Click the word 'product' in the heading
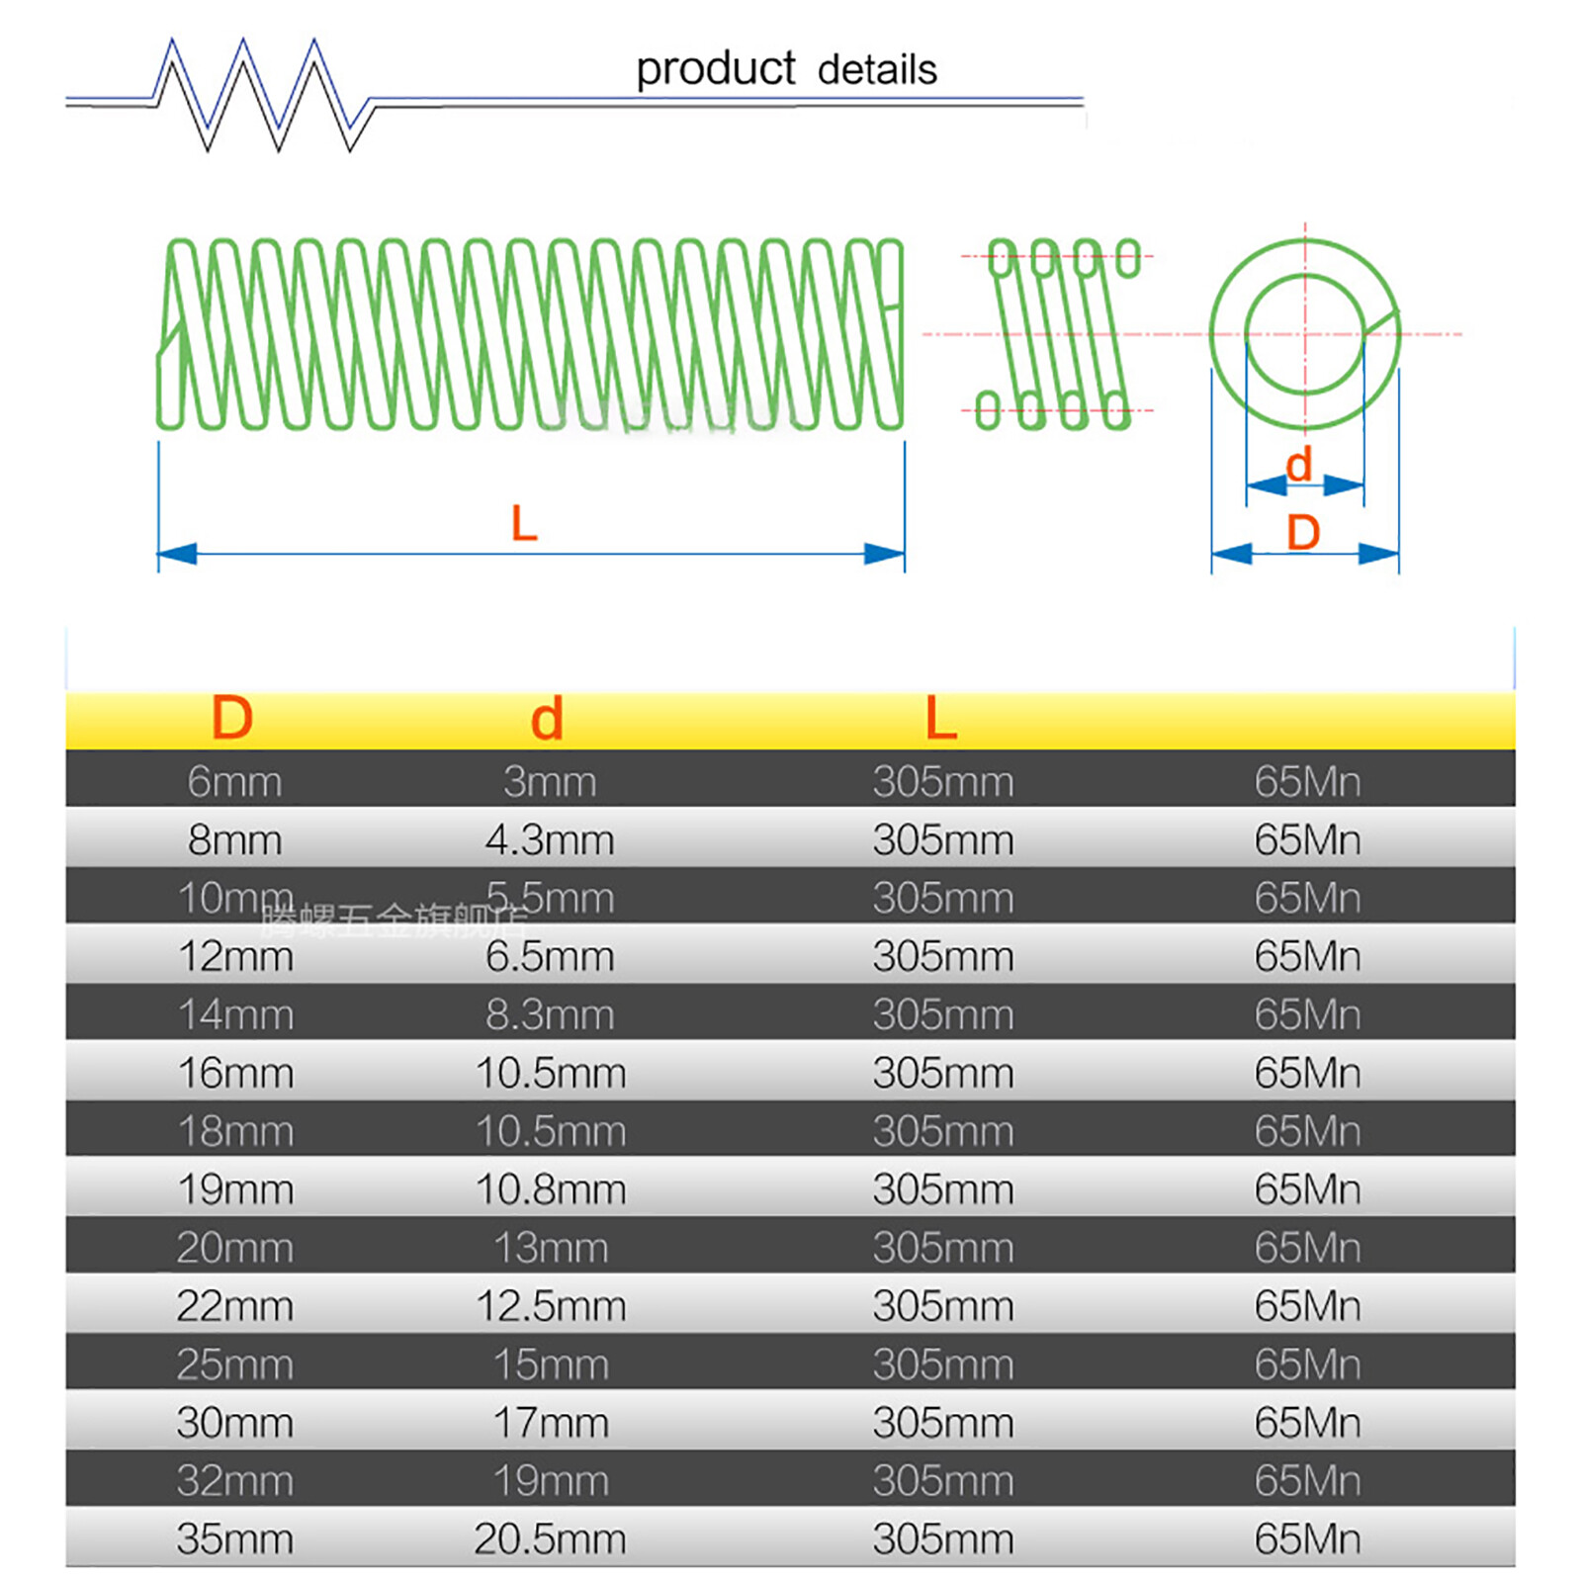[715, 70]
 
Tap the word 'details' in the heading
[877, 70]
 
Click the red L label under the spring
[524, 523]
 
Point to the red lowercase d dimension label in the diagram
[1298, 464]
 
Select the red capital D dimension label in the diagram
[1303, 533]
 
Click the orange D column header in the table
[232, 718]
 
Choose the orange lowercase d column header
[547, 719]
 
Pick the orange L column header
[940, 718]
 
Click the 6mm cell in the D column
[235, 782]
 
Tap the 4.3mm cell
[550, 840]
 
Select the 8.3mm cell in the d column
[550, 1015]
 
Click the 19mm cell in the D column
[235, 1189]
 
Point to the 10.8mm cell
[551, 1189]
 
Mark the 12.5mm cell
[551, 1306]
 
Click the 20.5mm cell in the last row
[550, 1539]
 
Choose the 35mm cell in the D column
[235, 1539]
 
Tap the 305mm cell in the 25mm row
[943, 1364]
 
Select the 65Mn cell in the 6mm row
[1307, 782]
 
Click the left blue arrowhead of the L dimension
[178, 554]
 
